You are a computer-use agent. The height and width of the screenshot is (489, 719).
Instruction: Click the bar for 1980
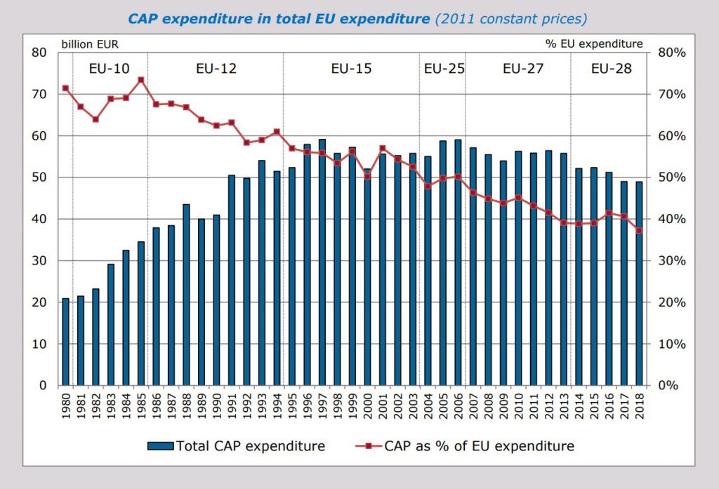pos(65,342)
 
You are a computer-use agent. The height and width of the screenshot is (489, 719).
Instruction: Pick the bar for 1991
pos(232,281)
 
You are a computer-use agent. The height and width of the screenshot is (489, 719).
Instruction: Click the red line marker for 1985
pos(140,80)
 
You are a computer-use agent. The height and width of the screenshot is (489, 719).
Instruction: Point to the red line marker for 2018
pos(639,230)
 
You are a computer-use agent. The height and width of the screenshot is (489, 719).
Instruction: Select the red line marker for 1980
pos(65,88)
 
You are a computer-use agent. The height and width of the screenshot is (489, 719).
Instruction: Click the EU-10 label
pos(109,69)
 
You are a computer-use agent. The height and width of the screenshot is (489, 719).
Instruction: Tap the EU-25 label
pos(444,69)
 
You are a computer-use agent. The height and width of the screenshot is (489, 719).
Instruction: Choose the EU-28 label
pos(611,69)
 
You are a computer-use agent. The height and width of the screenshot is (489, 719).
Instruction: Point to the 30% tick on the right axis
pos(671,261)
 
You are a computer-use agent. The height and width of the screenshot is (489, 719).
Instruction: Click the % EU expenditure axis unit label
pos(594,43)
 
